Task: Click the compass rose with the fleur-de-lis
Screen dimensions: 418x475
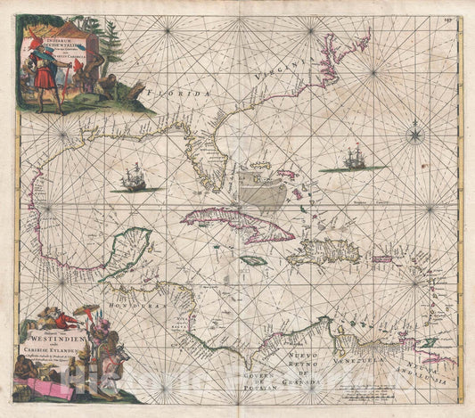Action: coord(415,136)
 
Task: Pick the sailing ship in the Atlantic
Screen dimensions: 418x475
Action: coord(355,160)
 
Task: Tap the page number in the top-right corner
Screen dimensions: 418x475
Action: coord(461,11)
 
